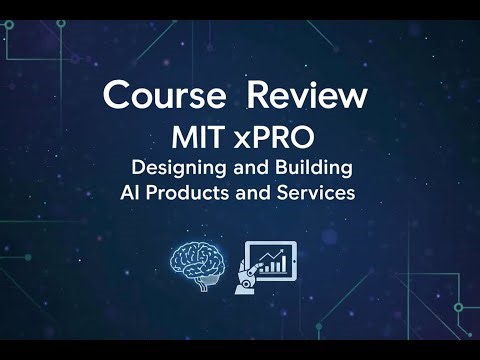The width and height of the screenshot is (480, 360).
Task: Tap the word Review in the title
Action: click(x=307, y=97)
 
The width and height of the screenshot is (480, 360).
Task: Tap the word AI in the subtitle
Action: click(x=129, y=192)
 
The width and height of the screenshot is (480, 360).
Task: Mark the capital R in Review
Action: click(x=258, y=97)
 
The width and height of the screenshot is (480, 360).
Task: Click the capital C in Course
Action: click(x=117, y=97)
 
